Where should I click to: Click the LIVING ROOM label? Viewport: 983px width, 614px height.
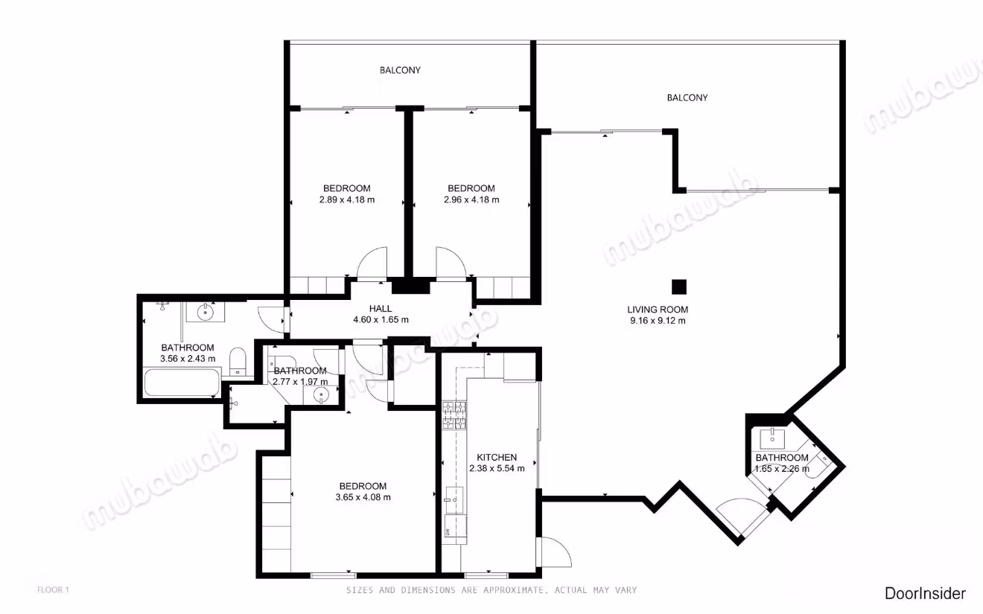pos(658,310)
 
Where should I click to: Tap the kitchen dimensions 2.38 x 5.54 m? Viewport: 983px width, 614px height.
pos(497,468)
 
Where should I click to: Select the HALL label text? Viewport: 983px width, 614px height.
pos(381,309)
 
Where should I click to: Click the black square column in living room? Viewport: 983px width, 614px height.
pos(679,287)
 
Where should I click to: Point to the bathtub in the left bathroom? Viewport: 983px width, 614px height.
pos(182,383)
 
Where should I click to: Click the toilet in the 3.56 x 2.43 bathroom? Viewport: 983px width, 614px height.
pos(238,362)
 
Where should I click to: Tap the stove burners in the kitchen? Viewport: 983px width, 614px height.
pos(454,415)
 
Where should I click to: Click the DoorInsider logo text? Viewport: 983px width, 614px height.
pos(925,594)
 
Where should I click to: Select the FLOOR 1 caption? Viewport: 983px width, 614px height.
pos(53,590)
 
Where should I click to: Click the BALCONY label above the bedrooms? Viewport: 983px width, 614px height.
pos(400,70)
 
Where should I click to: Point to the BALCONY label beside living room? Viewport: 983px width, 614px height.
pos(687,97)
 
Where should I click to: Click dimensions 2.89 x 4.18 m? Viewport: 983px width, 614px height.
pos(347,200)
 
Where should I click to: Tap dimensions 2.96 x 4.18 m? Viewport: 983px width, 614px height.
pos(471,200)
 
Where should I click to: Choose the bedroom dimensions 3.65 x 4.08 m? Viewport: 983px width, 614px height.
pos(363,497)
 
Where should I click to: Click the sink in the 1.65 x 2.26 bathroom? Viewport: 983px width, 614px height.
pos(772,437)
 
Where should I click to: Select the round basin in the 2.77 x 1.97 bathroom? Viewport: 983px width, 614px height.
pos(321,395)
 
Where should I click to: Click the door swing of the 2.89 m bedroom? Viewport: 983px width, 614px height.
pos(372,263)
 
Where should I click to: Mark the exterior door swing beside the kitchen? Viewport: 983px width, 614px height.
pos(556,551)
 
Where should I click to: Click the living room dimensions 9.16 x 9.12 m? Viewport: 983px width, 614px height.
pos(658,321)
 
